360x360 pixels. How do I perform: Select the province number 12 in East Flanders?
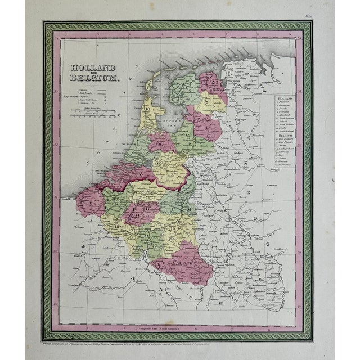(x=115, y=201)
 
